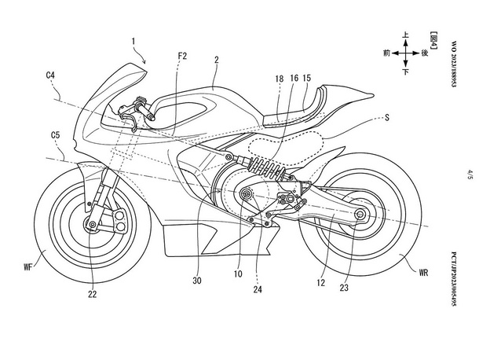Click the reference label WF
(28, 267)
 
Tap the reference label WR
(423, 273)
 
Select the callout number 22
(92, 294)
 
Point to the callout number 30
(197, 281)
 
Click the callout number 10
(238, 274)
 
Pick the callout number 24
(258, 289)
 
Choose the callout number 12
(320, 283)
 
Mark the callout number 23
(344, 288)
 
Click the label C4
(50, 75)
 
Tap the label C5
(55, 135)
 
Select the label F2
(182, 56)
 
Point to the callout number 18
(280, 79)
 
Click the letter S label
(387, 117)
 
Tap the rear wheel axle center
(360, 215)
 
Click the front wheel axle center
(92, 225)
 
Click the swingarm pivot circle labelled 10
(246, 194)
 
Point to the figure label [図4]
(433, 40)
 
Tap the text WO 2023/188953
(453, 64)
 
